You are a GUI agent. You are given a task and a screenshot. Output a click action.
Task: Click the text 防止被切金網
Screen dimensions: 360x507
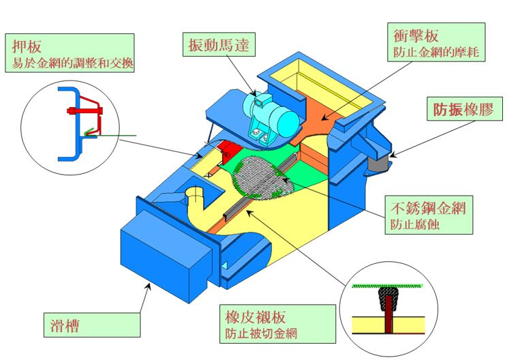pos(260,334)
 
